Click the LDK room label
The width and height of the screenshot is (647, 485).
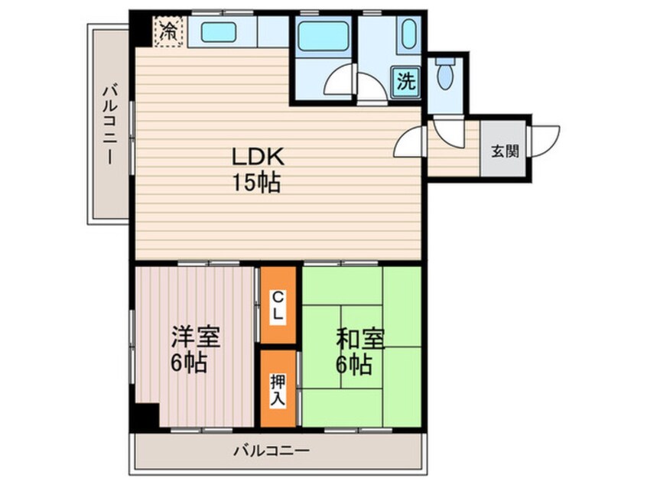click(259, 157)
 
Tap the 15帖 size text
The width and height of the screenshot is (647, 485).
click(259, 184)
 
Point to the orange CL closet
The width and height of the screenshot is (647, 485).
click(278, 305)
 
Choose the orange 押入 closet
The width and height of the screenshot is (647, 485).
click(278, 389)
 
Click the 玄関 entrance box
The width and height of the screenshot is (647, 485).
click(504, 151)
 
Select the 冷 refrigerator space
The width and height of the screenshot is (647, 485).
click(167, 32)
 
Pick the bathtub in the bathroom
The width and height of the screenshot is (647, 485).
click(322, 35)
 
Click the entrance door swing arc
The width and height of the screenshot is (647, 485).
click(545, 141)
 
